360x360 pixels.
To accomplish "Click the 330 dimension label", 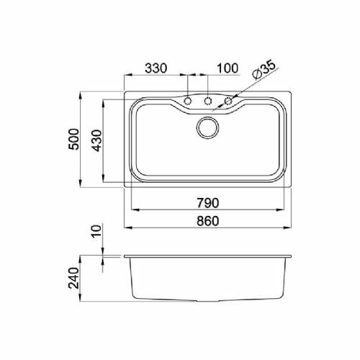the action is [x=156, y=68].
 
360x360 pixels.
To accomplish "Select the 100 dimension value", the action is [x=228, y=68].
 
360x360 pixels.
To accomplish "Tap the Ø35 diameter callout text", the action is [x=264, y=70].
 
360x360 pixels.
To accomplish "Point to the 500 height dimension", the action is [x=73, y=139].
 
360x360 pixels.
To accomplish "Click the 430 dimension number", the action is [x=97, y=140].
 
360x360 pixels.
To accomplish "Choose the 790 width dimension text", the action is [x=208, y=203].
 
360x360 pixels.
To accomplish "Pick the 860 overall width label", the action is [x=208, y=221].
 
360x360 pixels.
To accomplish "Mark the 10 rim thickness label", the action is [x=97, y=231].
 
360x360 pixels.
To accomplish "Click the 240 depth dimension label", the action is [x=73, y=278].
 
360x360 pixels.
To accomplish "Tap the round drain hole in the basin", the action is [x=208, y=127].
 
